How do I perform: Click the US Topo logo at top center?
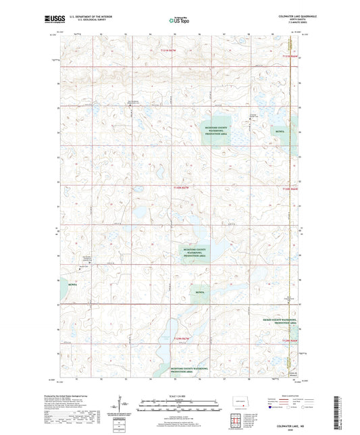click(179, 20)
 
